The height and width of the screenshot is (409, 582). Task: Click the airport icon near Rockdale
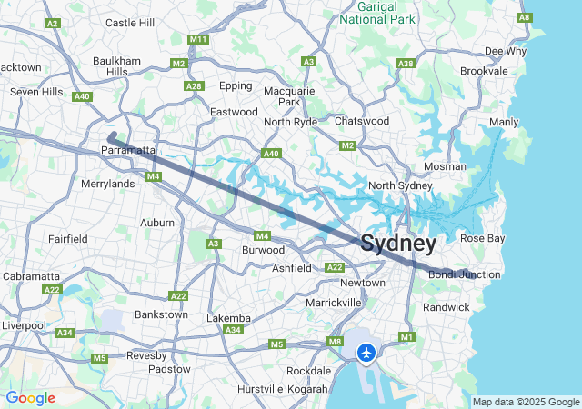(x=366, y=352)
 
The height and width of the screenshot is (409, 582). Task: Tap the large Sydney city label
(x=398, y=244)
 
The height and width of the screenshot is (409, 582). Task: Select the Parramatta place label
(x=128, y=149)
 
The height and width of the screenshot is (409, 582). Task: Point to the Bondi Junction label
(x=465, y=274)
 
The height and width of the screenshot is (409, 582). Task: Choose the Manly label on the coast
(x=504, y=122)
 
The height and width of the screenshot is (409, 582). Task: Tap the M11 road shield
(x=198, y=40)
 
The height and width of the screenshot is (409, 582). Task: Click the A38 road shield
(x=406, y=63)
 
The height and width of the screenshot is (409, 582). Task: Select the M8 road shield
(x=335, y=342)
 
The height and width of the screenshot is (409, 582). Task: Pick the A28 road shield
(x=193, y=86)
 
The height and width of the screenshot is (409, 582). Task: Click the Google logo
(x=30, y=398)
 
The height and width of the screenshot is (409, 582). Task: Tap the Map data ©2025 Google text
(x=525, y=402)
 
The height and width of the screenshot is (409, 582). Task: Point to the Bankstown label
(x=160, y=314)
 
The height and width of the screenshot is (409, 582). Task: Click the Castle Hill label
(x=130, y=22)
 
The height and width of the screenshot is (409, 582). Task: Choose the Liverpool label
(x=23, y=324)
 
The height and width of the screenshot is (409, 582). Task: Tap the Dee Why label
(x=505, y=51)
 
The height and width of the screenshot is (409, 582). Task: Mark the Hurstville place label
(x=259, y=389)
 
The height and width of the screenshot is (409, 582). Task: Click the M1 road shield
(x=406, y=337)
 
